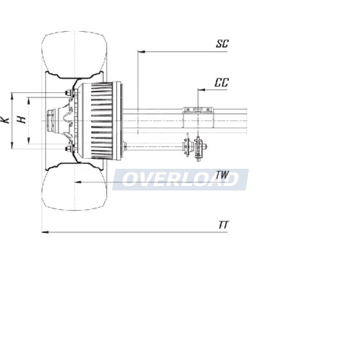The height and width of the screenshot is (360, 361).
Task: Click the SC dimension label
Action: tap(222, 44)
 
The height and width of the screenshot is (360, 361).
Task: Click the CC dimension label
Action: tap(222, 82)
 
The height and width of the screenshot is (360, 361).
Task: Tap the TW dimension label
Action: tap(222, 175)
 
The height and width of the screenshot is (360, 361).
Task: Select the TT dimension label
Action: tap(223, 225)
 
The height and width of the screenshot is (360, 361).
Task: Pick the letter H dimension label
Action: tap(22, 120)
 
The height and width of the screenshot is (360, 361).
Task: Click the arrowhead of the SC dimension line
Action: tap(142, 51)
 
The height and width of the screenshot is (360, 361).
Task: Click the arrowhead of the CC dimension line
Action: tap(201, 90)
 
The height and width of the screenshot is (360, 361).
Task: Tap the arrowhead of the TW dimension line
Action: tap(78, 182)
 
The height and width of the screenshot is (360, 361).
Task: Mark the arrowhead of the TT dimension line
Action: tap(45, 232)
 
